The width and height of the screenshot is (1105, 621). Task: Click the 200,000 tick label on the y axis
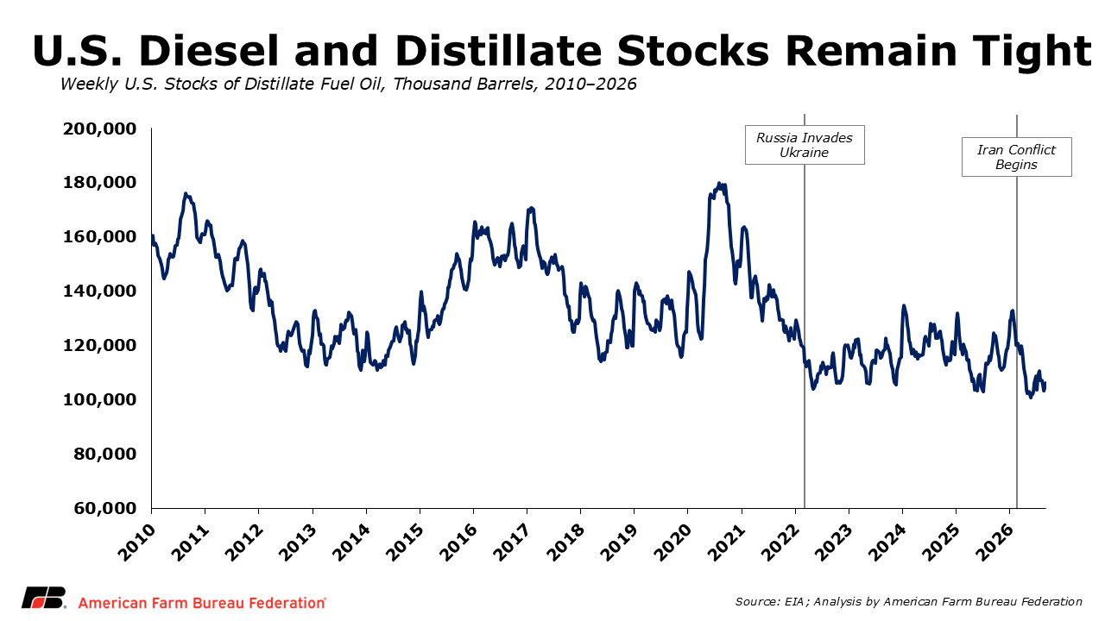(x=99, y=129)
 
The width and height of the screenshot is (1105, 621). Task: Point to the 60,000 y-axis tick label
(x=105, y=508)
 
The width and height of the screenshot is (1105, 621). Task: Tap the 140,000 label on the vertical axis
(x=99, y=291)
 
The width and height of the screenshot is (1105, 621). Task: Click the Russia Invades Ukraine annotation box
(x=805, y=145)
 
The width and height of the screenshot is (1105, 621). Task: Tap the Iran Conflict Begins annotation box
(x=1017, y=157)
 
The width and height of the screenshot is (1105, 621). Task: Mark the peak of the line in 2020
(x=719, y=184)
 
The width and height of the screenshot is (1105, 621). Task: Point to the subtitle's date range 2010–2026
(x=590, y=85)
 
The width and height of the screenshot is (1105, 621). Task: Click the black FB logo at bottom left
(x=43, y=598)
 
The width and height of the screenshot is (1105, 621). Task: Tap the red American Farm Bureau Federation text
(x=202, y=603)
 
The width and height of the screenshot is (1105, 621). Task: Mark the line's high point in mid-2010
(x=186, y=194)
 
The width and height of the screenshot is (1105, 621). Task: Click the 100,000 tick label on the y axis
(x=99, y=399)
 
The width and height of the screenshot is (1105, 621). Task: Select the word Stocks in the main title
(x=692, y=51)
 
